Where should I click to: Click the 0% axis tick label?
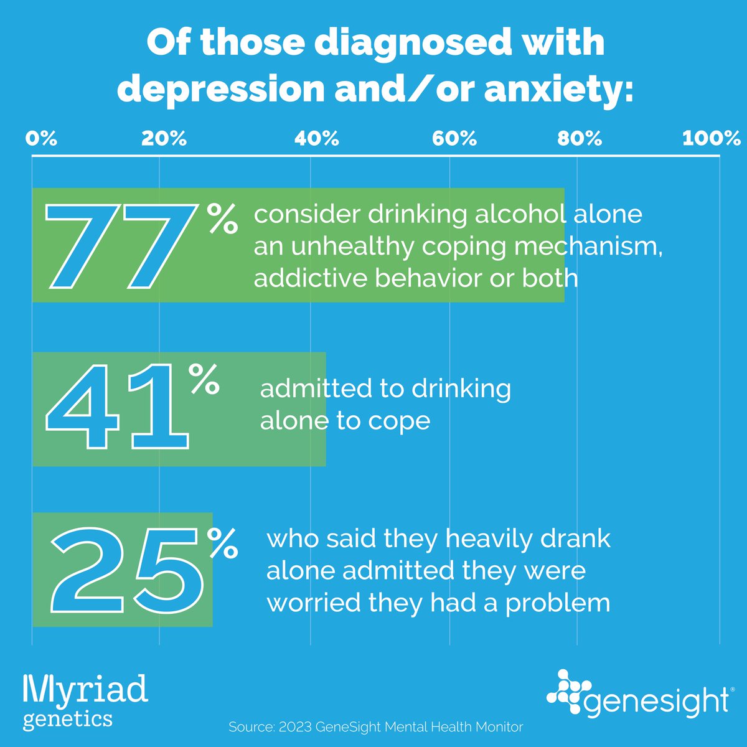41,138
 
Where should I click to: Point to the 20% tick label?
164,138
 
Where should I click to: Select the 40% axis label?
316,138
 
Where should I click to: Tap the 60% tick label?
454,138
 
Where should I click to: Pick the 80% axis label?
580,138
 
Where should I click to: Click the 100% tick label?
712,138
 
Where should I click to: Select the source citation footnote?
376,726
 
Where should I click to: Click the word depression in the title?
220,90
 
